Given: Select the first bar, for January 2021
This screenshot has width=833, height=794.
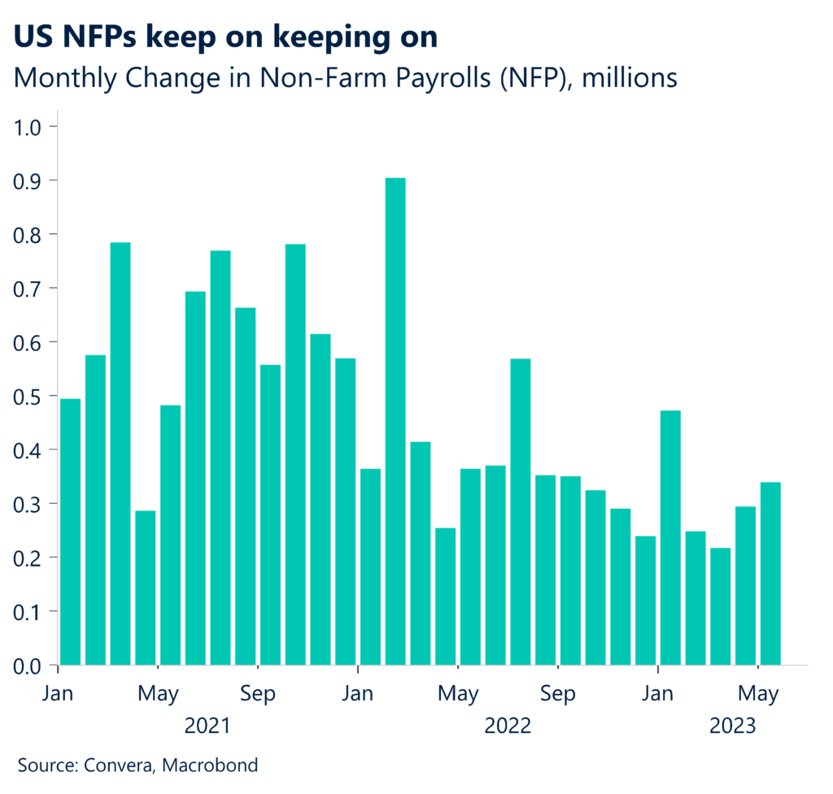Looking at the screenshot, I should (x=71, y=532).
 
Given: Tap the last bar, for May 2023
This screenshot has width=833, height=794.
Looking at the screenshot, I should (x=770, y=573).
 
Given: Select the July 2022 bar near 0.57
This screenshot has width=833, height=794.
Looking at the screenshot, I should (x=521, y=511).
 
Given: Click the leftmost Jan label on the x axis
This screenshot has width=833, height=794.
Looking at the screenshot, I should (x=59, y=695).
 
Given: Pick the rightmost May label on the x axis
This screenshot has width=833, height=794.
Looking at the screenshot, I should (x=758, y=695).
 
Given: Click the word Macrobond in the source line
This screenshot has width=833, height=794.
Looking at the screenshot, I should (x=218, y=765).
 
